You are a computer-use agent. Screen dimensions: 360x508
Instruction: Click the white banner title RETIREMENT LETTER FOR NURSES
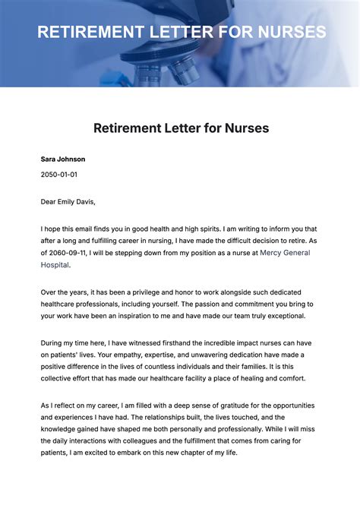tap(182, 33)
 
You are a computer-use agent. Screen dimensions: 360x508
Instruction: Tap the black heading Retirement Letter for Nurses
tap(181, 128)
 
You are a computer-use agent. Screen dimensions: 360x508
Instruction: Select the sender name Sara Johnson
tap(62, 159)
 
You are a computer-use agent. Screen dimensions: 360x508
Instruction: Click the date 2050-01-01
tap(58, 174)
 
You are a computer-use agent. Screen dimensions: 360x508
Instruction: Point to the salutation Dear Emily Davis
tap(68, 201)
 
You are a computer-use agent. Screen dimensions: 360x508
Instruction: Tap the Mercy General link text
tap(285, 253)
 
